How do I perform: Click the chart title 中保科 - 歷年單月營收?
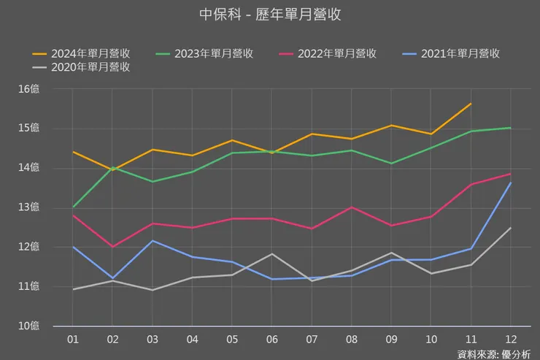point(270,15)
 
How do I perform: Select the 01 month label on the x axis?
point(73,339)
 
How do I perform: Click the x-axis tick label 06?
point(271,339)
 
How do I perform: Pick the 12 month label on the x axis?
point(509,339)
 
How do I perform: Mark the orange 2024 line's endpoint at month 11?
point(471,104)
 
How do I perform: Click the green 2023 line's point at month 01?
point(73,207)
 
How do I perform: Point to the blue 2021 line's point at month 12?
point(510,183)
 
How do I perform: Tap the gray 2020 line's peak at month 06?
point(271,253)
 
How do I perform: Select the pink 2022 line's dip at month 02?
point(112,247)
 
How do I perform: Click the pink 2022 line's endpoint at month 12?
point(510,174)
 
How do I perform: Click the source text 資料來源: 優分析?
point(494,354)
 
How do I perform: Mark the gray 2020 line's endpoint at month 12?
point(510,228)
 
